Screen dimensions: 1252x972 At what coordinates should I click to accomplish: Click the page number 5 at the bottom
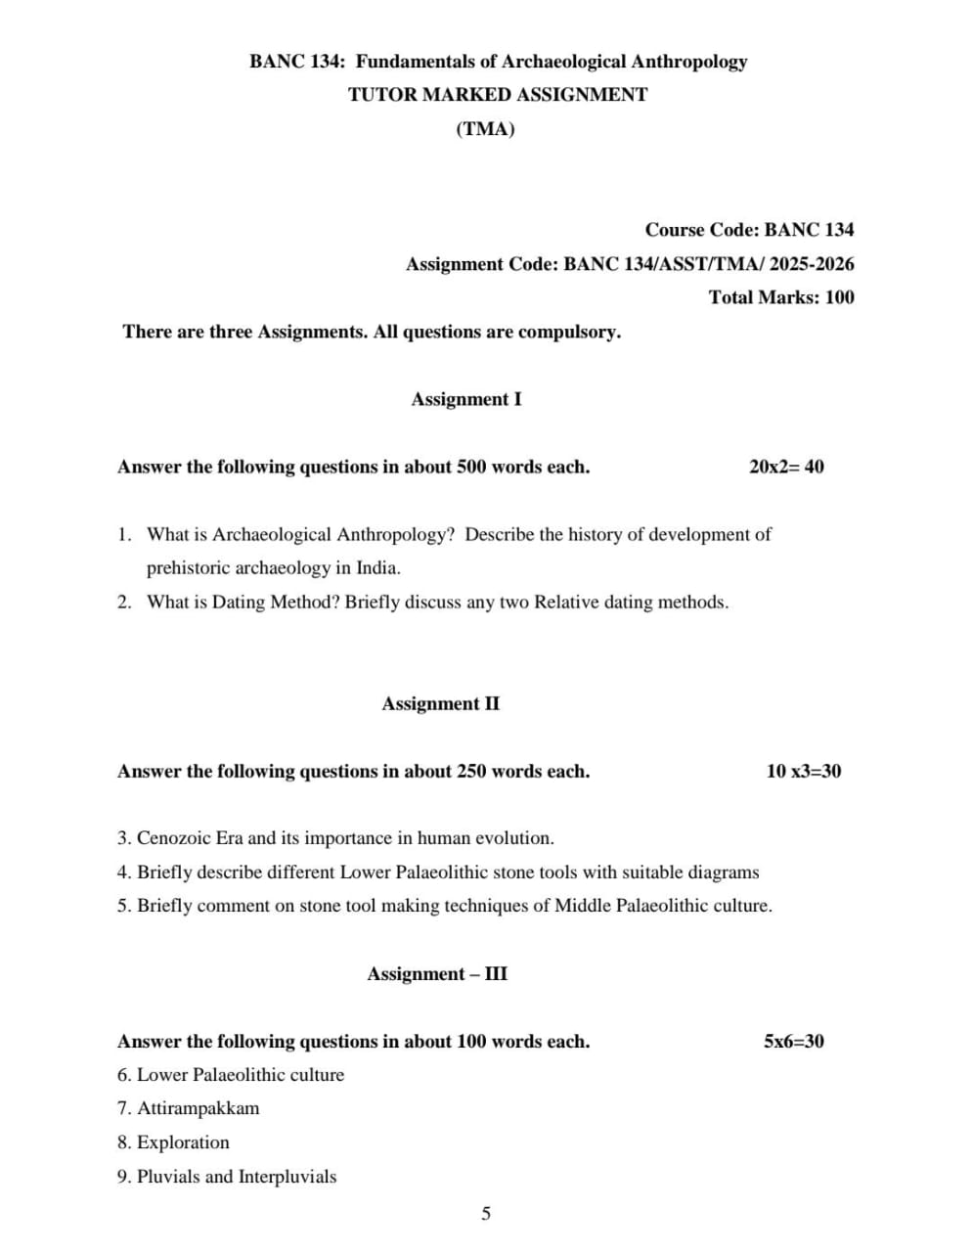click(x=486, y=1214)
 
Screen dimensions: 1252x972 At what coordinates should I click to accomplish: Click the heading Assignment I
click(x=465, y=399)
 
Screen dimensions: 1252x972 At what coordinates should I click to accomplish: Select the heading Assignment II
click(x=440, y=703)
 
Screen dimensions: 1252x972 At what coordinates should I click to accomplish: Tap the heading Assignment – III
click(x=437, y=973)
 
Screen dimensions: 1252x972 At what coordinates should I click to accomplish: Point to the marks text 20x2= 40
click(x=786, y=467)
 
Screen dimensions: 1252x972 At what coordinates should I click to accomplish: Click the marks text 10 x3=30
click(x=803, y=771)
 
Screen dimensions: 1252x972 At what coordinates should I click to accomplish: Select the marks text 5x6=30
click(x=793, y=1041)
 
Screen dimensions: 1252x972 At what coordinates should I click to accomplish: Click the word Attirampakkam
click(x=199, y=1108)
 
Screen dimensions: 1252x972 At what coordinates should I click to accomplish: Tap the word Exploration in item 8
click(x=183, y=1142)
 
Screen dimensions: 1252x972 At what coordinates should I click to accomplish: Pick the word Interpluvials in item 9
click(x=287, y=1177)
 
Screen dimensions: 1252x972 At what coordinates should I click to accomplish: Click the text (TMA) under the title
click(x=485, y=129)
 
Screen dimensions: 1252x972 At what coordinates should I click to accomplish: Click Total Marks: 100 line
click(x=780, y=297)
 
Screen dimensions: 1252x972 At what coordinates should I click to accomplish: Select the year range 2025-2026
click(x=812, y=264)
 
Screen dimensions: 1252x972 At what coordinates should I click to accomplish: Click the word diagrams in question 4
click(x=724, y=872)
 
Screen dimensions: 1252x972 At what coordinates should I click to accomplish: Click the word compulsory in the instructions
click(x=568, y=332)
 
